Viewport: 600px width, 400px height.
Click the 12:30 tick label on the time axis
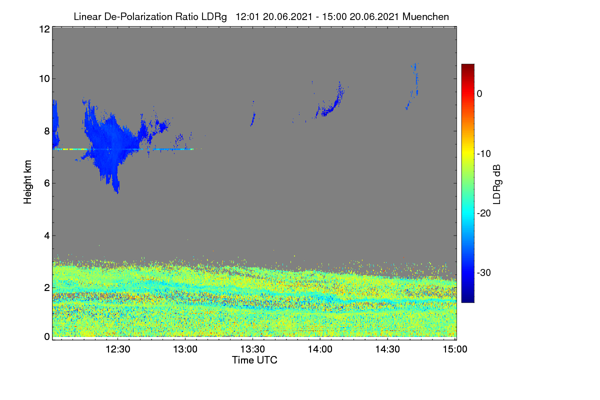click(x=117, y=349)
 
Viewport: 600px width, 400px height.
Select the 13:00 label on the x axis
click(x=185, y=349)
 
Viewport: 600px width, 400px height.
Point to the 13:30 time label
click(x=252, y=349)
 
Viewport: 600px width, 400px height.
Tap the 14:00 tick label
click(x=320, y=349)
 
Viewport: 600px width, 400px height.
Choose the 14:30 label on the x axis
click(x=387, y=349)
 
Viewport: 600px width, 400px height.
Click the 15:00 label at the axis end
click(x=455, y=349)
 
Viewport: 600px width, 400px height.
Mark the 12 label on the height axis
click(x=44, y=29)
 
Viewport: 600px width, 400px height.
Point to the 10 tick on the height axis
click(x=44, y=79)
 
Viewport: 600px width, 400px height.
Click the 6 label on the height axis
click(x=47, y=183)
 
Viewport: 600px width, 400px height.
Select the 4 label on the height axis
click(x=47, y=236)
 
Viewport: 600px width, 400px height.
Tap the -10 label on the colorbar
click(x=484, y=154)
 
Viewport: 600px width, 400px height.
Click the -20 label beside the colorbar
click(x=484, y=213)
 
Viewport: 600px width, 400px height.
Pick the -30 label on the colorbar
click(x=484, y=272)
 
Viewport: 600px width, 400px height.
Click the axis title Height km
click(x=27, y=182)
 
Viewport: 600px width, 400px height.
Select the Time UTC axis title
click(x=254, y=360)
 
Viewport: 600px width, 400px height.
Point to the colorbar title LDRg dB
click(x=497, y=184)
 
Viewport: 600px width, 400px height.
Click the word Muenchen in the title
click(x=425, y=17)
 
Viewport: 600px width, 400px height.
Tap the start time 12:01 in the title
click(x=247, y=17)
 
